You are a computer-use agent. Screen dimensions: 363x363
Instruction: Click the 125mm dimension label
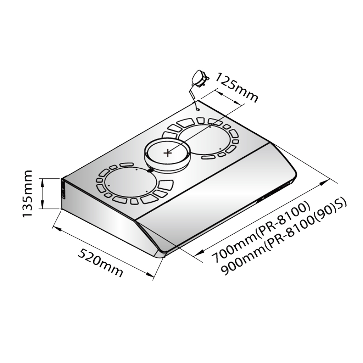click(236, 87)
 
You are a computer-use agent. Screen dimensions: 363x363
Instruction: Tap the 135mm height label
click(27, 194)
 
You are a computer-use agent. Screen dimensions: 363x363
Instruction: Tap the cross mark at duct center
click(168, 153)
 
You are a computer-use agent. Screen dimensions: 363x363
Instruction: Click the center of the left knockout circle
click(127, 183)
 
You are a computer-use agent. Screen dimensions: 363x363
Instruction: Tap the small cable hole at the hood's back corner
click(197, 110)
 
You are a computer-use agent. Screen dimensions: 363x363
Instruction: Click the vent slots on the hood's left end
click(63, 189)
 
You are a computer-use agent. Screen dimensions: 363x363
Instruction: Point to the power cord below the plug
click(193, 97)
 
